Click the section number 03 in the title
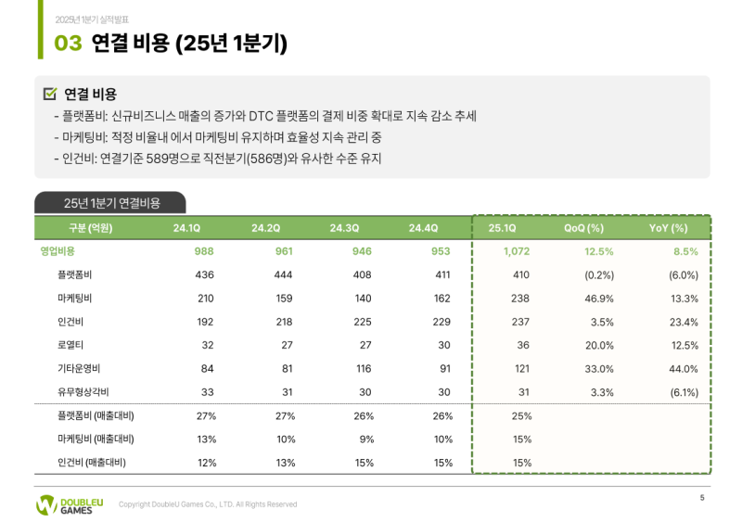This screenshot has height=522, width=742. tap(68, 43)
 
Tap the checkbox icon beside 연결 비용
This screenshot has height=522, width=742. tap(50, 94)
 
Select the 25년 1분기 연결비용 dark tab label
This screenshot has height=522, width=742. tap(109, 203)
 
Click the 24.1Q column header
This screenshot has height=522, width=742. tap(186, 228)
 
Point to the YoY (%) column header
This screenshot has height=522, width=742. tap(668, 228)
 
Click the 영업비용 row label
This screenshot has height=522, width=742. tap(58, 251)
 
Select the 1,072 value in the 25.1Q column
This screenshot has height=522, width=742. tap(515, 251)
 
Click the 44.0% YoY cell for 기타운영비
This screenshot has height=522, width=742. tap(682, 369)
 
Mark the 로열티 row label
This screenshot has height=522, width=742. tap(70, 345)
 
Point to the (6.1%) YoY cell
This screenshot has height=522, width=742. tap(683, 392)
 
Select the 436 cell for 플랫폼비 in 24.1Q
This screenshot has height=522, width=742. tap(205, 275)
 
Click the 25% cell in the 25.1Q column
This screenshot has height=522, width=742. tap(521, 416)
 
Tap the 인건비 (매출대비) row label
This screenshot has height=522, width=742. tap(91, 463)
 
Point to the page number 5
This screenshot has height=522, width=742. tap(702, 499)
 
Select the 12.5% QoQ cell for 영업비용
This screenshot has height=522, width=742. tap(598, 251)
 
